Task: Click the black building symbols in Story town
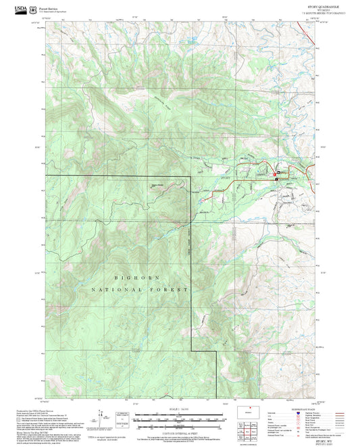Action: pos(276,175)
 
